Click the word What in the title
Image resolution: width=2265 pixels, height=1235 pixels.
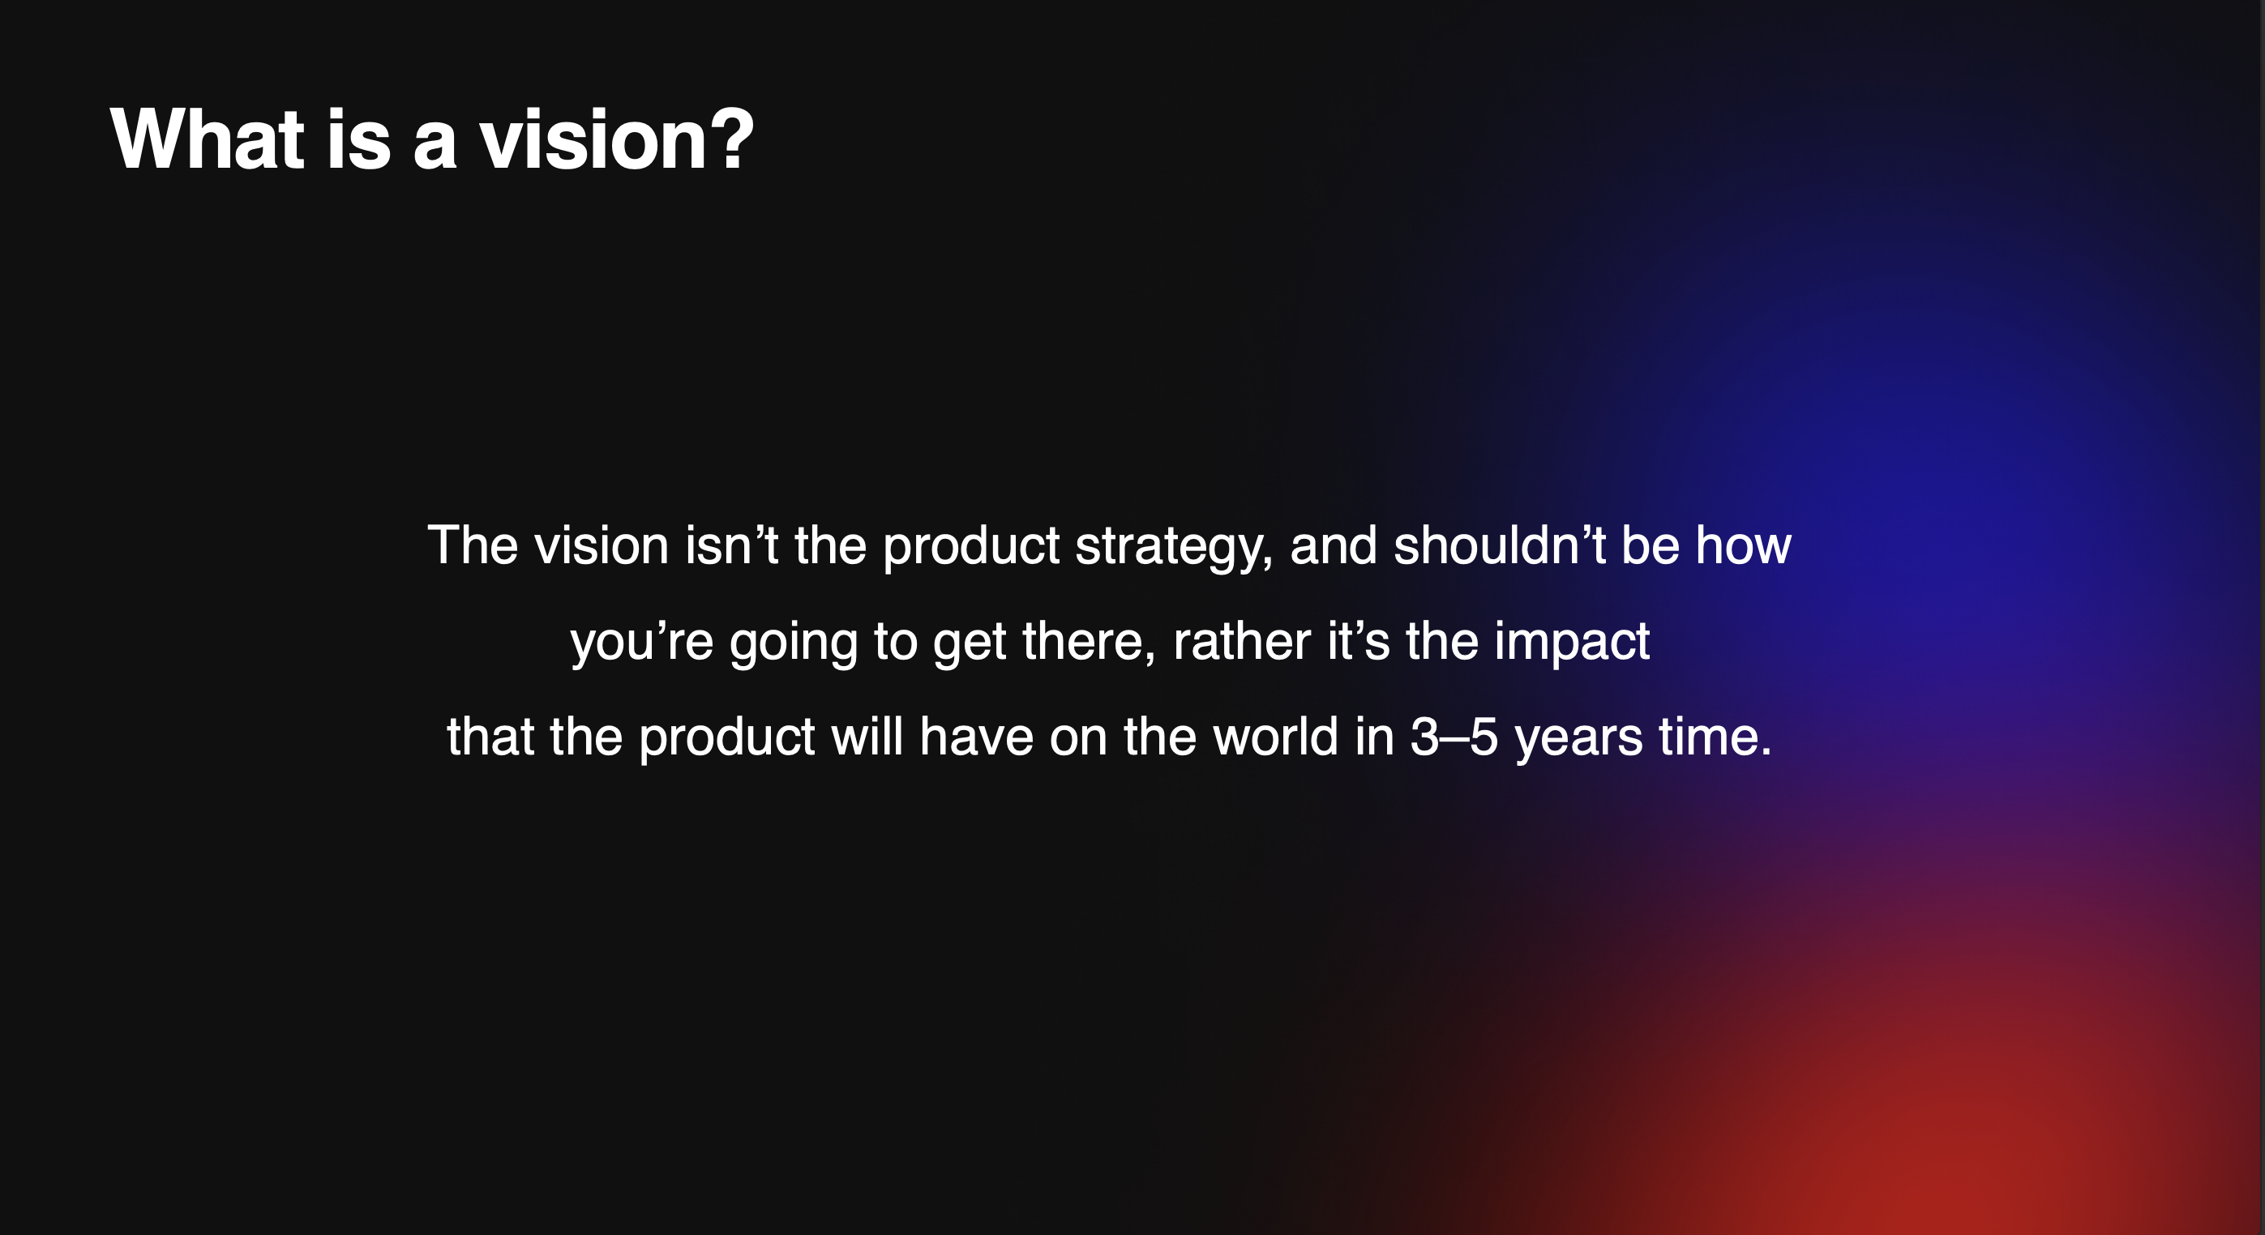point(208,138)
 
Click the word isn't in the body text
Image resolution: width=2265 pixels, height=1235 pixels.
point(731,545)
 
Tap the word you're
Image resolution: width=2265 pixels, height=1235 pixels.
point(642,643)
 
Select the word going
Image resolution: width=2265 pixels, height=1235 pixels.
point(793,643)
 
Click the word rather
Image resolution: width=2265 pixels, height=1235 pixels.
point(1241,641)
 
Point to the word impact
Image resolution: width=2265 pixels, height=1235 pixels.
point(1572,643)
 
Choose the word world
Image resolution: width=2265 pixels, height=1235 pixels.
point(1276,737)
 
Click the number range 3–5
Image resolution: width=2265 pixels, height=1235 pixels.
point(1454,737)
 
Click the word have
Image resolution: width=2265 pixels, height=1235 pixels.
point(976,737)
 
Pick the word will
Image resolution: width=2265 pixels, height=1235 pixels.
point(867,737)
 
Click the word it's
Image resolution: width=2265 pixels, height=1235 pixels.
point(1359,641)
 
